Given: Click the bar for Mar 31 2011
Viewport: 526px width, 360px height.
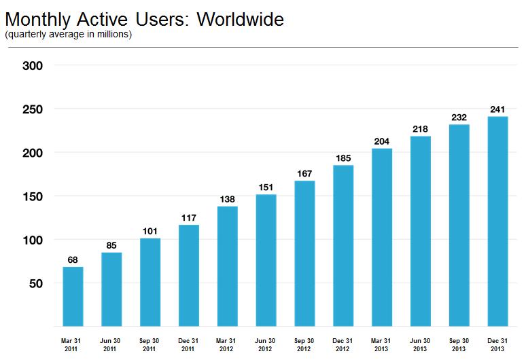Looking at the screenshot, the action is pyautogui.click(x=73, y=296).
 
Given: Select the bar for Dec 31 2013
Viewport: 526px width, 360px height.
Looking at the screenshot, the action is pyautogui.click(x=498, y=221).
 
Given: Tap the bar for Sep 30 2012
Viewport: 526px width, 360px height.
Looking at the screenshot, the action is pyautogui.click(x=304, y=253).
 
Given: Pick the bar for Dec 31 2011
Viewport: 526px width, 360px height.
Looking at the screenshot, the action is pyautogui.click(x=189, y=275).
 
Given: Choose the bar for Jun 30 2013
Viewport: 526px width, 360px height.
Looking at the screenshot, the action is pyautogui.click(x=421, y=231).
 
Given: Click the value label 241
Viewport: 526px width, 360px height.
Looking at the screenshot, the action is pyautogui.click(x=497, y=109).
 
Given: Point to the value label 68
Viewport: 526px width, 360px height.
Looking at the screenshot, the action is pyautogui.click(x=73, y=259).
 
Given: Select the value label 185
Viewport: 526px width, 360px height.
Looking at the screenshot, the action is pyautogui.click(x=343, y=158).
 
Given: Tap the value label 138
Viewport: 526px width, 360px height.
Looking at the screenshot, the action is pyautogui.click(x=227, y=200).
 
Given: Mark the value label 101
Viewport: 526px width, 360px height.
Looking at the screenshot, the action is pyautogui.click(x=150, y=232).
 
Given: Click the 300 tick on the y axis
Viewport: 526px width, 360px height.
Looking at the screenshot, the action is pyautogui.click(x=33, y=66).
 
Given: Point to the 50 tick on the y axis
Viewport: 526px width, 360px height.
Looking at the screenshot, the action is pyautogui.click(x=36, y=283).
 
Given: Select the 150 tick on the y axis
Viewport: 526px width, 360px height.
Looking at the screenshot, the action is pyautogui.click(x=33, y=196).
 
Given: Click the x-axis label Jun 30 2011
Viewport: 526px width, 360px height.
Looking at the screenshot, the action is pyautogui.click(x=109, y=344).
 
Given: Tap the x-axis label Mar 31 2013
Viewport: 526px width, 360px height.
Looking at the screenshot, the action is pyautogui.click(x=381, y=344).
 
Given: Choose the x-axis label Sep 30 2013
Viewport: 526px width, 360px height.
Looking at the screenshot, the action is pyautogui.click(x=459, y=344).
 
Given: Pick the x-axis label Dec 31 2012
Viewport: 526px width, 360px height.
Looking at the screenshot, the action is pyautogui.click(x=343, y=344).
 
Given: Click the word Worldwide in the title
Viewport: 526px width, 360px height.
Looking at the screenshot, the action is pyautogui.click(x=240, y=19).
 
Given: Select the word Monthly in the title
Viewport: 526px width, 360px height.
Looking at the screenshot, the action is pyautogui.click(x=38, y=20).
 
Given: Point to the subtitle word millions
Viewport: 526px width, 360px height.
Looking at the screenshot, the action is pyautogui.click(x=113, y=34).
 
